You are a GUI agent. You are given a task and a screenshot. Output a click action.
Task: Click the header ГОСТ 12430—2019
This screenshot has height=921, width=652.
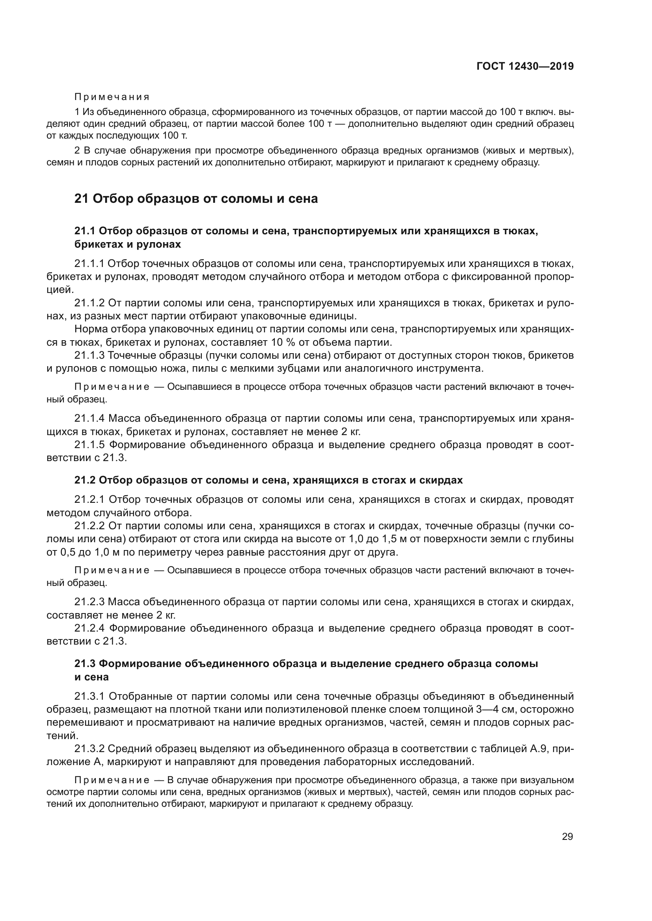pyautogui.click(x=525, y=67)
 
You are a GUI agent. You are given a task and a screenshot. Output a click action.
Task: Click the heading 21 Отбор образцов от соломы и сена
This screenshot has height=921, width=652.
pyautogui.click(x=196, y=198)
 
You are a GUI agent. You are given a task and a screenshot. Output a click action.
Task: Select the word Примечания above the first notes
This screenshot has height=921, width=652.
pyautogui.click(x=112, y=97)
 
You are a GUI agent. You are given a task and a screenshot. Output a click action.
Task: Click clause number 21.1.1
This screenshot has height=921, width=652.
pyautogui.click(x=89, y=263)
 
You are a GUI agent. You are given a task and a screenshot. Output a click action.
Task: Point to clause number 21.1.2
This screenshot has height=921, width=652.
pyautogui.click(x=89, y=303)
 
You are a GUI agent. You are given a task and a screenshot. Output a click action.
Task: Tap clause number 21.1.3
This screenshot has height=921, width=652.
pyautogui.click(x=89, y=356)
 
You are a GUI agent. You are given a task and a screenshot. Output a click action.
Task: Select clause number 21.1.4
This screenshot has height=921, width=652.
pyautogui.click(x=89, y=419)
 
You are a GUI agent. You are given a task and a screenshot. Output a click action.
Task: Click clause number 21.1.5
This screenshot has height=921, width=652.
pyautogui.click(x=89, y=445)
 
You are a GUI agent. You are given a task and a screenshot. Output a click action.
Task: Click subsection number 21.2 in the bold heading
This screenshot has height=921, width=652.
pyautogui.click(x=84, y=480)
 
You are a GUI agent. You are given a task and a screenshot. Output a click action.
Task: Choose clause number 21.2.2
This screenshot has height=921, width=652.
pyautogui.click(x=89, y=526)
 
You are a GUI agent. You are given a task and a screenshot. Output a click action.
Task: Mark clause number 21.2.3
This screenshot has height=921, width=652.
pyautogui.click(x=89, y=602)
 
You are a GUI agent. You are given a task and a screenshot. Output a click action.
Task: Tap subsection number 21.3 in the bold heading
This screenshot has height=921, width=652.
pyautogui.click(x=84, y=663)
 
